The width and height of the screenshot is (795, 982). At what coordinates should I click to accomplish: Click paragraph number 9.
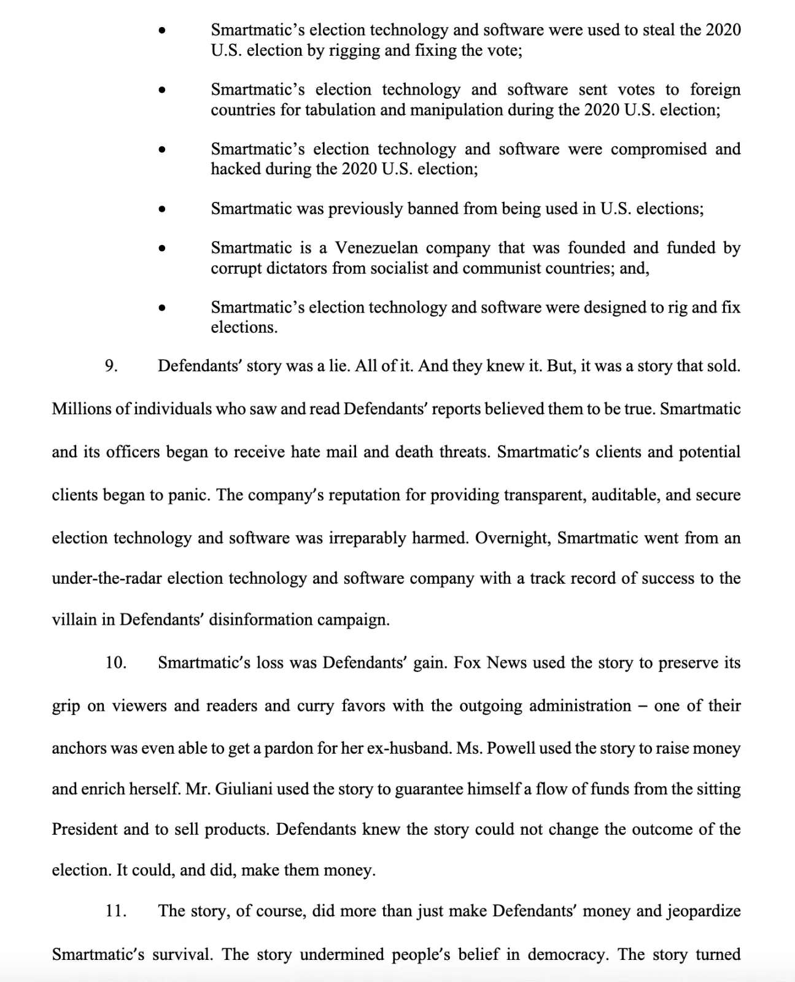point(111,366)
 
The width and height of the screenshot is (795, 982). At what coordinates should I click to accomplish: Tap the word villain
point(74,620)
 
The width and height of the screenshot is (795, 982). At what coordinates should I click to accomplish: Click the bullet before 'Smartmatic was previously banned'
point(161,209)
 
